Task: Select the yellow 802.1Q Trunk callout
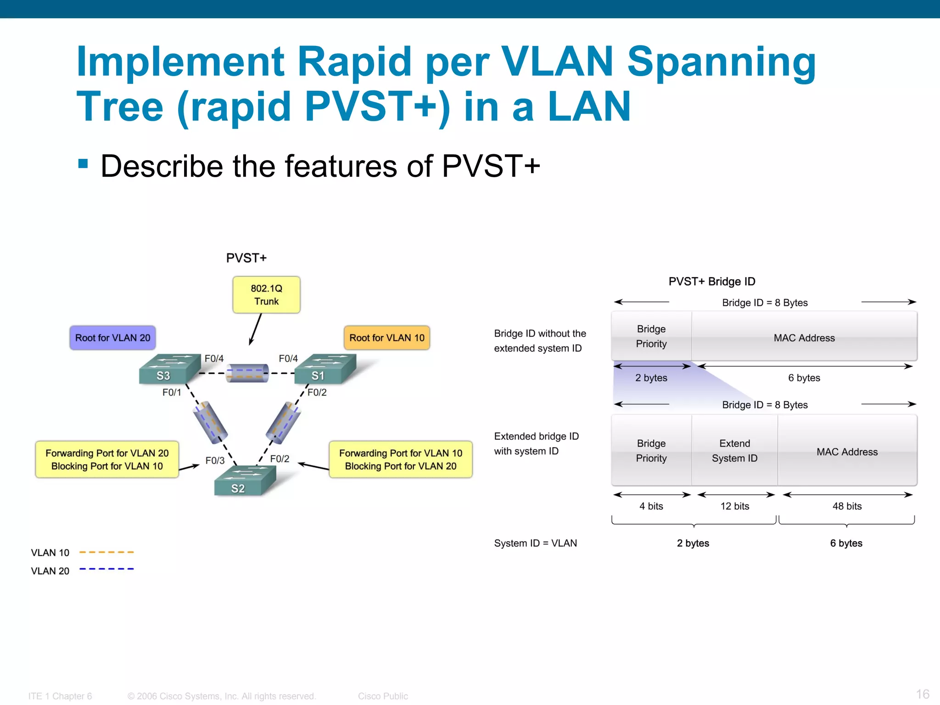266,295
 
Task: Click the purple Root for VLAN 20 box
112,338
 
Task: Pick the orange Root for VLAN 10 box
386,338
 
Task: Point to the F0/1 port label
172,392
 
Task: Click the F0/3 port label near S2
215,460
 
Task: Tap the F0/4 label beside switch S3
214,358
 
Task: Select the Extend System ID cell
734,451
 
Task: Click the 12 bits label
734,506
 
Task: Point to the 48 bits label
847,506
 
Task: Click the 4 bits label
651,506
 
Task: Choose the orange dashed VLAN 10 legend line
106,552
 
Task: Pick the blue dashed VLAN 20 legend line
106,569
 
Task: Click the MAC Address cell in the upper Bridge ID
804,338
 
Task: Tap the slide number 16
923,694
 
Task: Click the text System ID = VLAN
535,543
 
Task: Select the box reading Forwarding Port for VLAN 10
400,459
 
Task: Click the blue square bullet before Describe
83,164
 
